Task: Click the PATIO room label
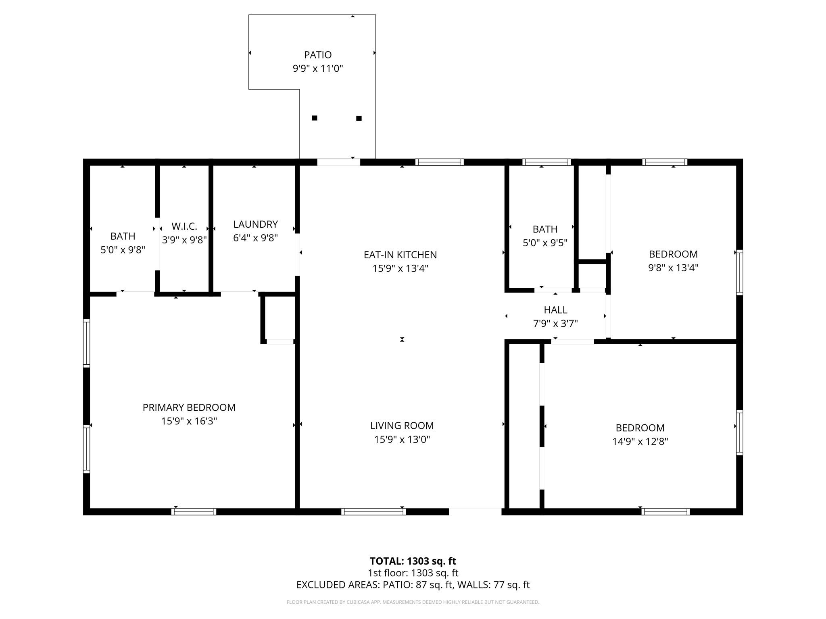(318, 55)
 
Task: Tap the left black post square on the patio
(315, 118)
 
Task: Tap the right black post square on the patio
(359, 118)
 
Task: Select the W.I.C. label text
(184, 226)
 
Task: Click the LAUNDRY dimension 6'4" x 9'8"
(255, 238)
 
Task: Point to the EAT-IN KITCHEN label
(400, 255)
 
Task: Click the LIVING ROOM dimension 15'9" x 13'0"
(402, 439)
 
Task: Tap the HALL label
(555, 310)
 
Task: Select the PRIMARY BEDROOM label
(189, 407)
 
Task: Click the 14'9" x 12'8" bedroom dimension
(640, 441)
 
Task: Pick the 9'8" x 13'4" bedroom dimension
(673, 268)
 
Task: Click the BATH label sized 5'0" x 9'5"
(545, 229)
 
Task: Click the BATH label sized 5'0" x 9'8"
(123, 236)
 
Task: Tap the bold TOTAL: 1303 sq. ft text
(413, 561)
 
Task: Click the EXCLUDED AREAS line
(413, 585)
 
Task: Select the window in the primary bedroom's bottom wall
(194, 512)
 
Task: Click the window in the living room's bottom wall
(373, 512)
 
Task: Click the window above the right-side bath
(546, 162)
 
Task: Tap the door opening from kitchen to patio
(338, 162)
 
